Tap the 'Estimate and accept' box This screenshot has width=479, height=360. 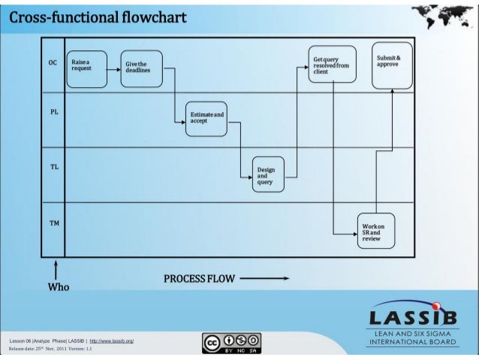coord(206,119)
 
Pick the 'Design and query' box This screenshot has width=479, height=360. coord(268,174)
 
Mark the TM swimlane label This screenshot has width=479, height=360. coord(54,223)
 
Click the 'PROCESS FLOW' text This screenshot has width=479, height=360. coord(199,279)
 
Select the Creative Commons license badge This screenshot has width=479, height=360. coord(232,342)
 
